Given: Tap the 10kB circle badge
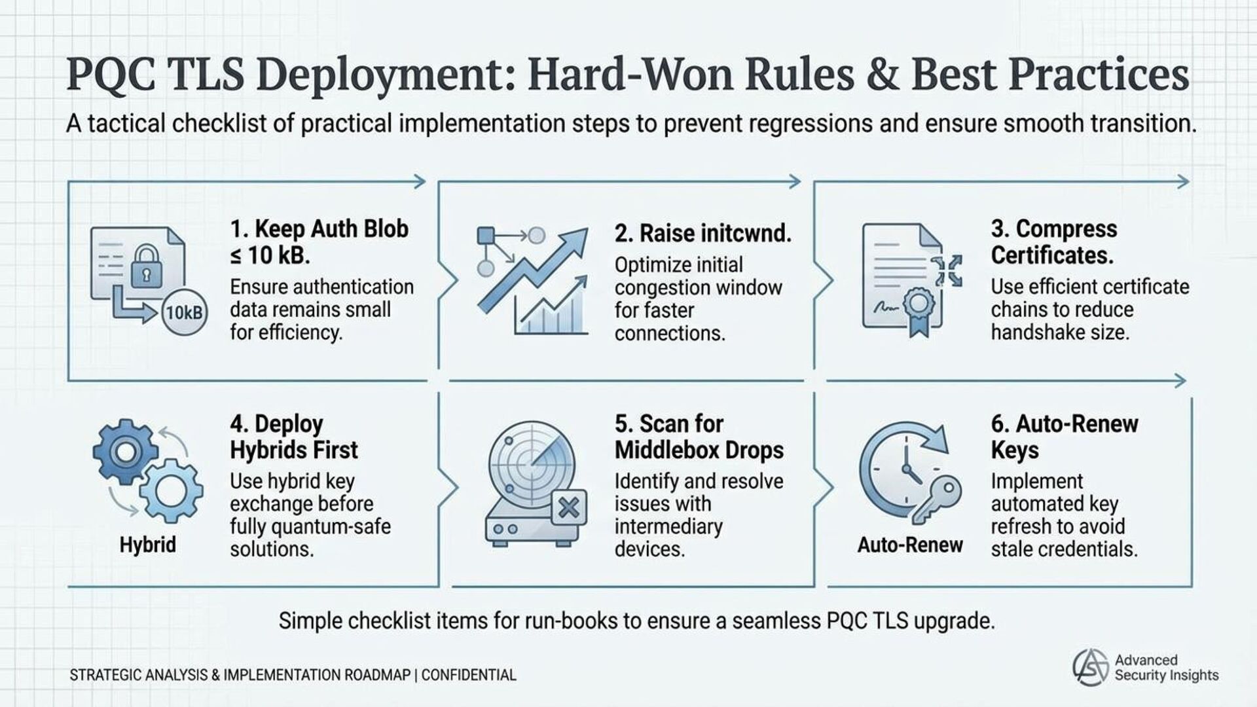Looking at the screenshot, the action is [x=184, y=313].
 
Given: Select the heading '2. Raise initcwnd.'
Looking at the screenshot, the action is [x=702, y=234].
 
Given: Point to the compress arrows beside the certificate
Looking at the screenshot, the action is [x=948, y=270].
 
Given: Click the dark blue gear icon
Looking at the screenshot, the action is [x=124, y=452].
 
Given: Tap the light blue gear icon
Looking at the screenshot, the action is [x=171, y=490].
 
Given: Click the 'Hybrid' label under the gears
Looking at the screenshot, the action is [x=147, y=545].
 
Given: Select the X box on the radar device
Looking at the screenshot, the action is [x=568, y=507].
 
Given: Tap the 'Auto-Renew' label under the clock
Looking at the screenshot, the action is [x=910, y=545].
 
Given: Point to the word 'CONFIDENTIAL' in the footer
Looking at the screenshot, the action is [x=469, y=675].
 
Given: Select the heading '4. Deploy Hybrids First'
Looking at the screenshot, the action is [x=293, y=437].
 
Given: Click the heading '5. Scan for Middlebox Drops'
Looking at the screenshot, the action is [x=699, y=437].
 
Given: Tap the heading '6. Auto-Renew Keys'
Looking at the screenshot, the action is [x=1064, y=437].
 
